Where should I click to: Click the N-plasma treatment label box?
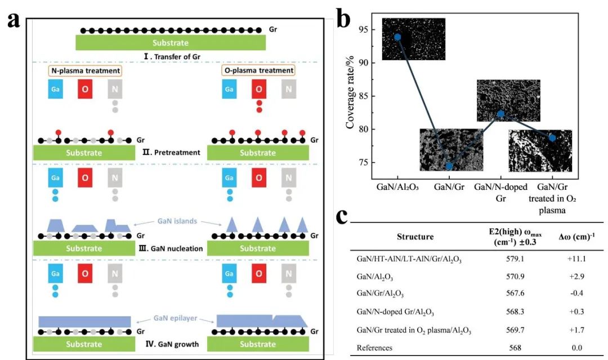click(85, 71)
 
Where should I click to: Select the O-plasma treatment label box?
click(258, 71)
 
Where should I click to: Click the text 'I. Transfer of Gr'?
click(171, 56)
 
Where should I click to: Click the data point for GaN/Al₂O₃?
click(397, 37)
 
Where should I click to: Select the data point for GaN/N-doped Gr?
click(500, 114)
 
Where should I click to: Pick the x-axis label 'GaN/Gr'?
click(449, 185)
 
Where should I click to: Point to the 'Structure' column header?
click(415, 237)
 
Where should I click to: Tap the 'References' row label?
click(374, 348)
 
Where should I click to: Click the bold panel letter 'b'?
click(344, 20)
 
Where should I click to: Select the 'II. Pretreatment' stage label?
click(172, 153)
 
